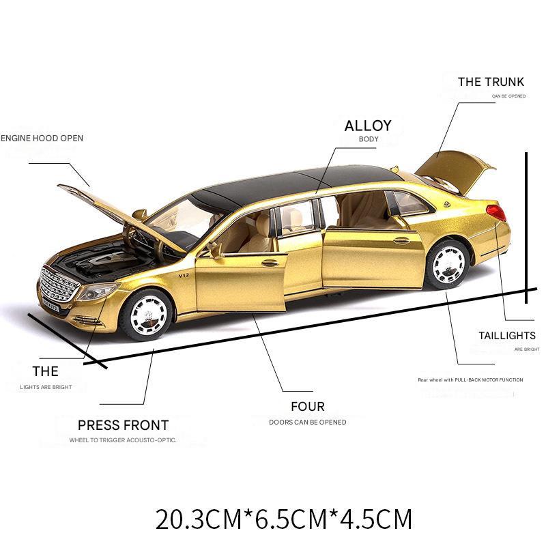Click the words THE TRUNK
pos(491,82)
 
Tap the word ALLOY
pos(368,126)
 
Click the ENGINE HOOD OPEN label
pos(42,138)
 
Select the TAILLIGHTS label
pos(506,336)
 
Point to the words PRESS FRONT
pos(123,425)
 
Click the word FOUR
pos(307,407)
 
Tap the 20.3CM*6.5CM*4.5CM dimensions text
pos(284,519)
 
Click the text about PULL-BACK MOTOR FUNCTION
pos(470,379)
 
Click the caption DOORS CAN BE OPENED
pos(307,422)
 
